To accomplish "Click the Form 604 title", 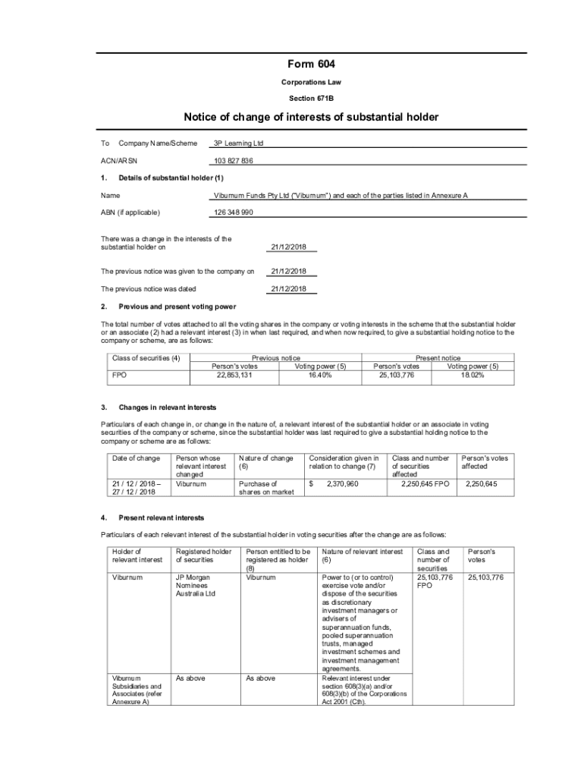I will (311, 65).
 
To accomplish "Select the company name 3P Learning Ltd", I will (239, 143).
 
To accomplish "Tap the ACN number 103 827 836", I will (234, 162).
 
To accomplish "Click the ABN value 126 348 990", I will (234, 212).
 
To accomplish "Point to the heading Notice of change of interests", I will (311, 117).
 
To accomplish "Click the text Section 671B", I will (311, 99).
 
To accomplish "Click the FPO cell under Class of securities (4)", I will (120, 374).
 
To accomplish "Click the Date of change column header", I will (137, 458).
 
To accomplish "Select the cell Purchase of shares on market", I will (266, 487).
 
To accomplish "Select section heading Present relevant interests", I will (161, 517).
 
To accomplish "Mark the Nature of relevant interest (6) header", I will (362, 555).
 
